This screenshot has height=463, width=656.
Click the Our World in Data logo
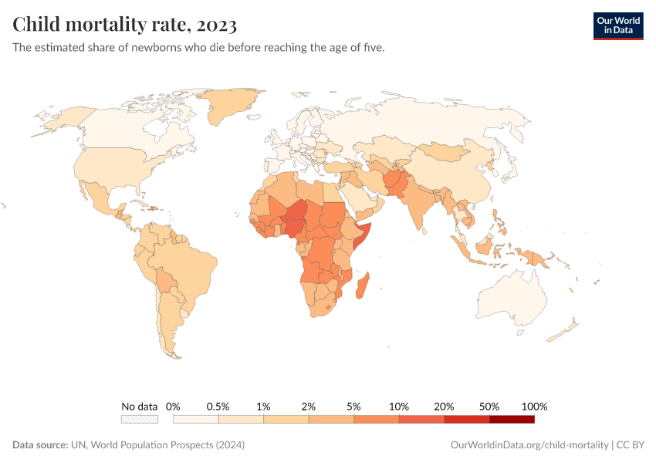coord(617,25)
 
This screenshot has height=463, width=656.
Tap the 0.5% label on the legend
coord(218,406)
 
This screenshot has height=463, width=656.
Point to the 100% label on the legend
coord(534,406)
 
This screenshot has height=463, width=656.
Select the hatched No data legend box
coord(139,419)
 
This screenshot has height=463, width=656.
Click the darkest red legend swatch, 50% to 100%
coord(512,419)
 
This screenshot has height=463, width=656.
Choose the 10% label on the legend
coord(399,406)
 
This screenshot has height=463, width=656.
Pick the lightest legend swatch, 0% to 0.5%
coord(196,419)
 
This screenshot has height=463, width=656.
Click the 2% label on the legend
coord(309,406)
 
